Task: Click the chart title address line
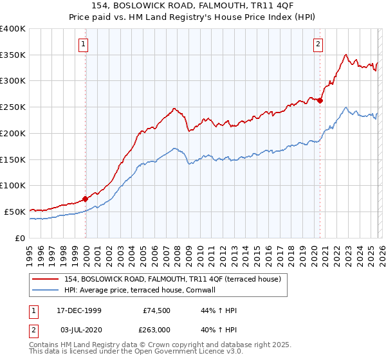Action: pos(192,6)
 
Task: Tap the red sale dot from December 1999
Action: pos(85,199)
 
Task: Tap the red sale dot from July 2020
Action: pos(320,100)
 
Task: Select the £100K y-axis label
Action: pos(13,185)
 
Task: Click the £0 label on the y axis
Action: pos(19,237)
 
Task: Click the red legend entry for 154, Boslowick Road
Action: pos(172,279)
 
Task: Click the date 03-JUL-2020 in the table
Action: pos(79,330)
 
